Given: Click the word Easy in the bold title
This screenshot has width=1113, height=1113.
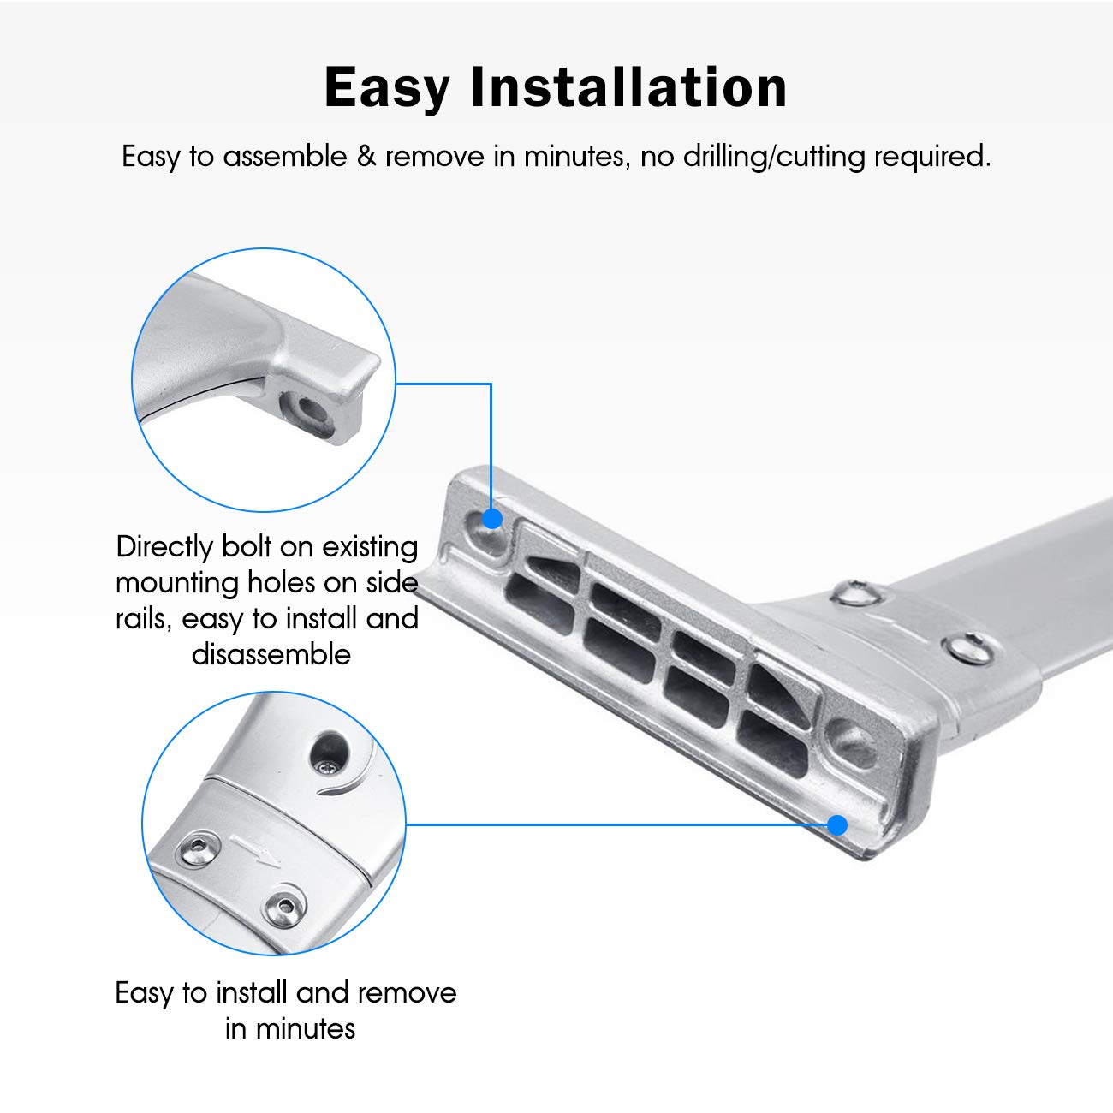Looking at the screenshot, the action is (x=387, y=88).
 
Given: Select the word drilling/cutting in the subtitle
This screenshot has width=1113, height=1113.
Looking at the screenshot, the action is (x=773, y=157).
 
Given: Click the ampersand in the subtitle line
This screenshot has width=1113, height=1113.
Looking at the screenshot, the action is (x=366, y=156).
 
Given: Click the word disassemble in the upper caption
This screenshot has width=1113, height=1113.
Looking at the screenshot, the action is (x=271, y=654).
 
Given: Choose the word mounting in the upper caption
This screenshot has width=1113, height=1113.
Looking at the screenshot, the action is (x=176, y=584).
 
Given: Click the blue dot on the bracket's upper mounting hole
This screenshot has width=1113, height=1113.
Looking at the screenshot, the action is (x=491, y=518).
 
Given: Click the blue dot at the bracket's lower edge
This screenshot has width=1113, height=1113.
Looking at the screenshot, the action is (x=837, y=824).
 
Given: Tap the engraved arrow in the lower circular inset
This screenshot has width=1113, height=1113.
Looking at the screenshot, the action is (x=255, y=851).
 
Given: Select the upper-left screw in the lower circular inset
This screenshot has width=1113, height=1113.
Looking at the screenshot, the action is (x=196, y=850).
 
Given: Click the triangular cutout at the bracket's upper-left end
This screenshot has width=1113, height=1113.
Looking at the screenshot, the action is (x=555, y=569).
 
